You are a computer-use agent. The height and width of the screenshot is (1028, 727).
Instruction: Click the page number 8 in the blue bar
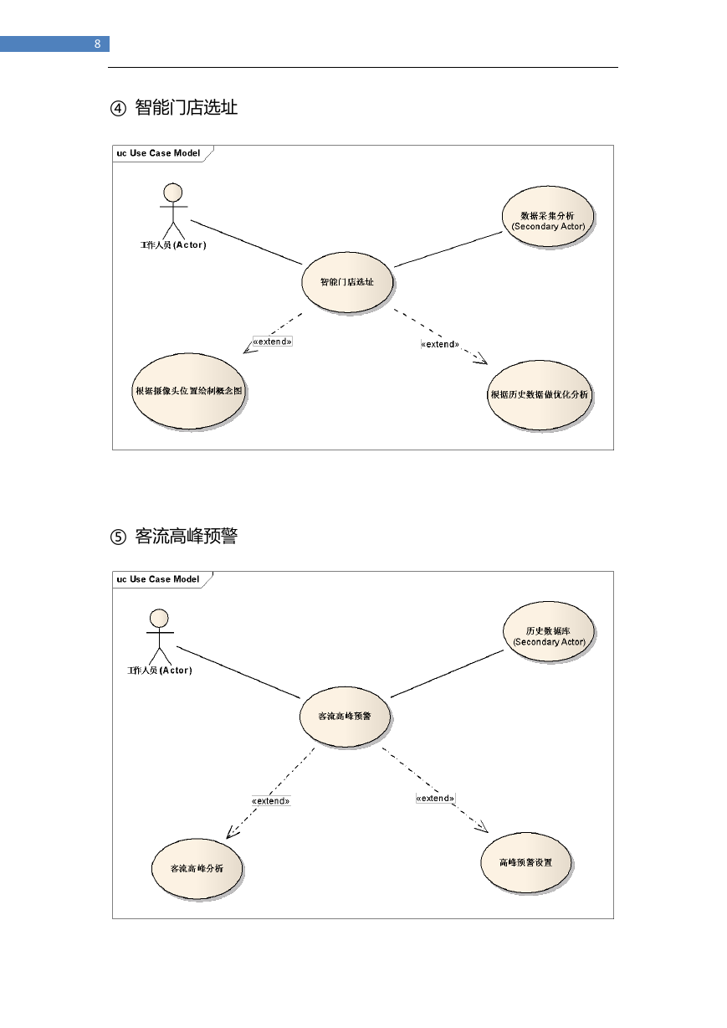pyautogui.click(x=97, y=44)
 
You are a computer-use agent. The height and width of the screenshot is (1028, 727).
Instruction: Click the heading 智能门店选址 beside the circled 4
pyautogui.click(x=187, y=107)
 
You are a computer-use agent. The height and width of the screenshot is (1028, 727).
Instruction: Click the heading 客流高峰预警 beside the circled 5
pyautogui.click(x=187, y=536)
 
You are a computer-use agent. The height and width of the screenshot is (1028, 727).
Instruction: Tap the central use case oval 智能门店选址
pyautogui.click(x=347, y=282)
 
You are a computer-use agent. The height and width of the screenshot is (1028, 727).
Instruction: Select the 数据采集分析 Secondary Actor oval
pyautogui.click(x=548, y=216)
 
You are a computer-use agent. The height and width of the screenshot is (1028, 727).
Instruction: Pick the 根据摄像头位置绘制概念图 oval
pyautogui.click(x=188, y=391)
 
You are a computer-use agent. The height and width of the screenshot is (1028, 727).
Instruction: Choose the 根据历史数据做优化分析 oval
pyautogui.click(x=540, y=394)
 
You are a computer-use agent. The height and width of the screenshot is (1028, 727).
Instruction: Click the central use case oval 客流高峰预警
pyautogui.click(x=345, y=717)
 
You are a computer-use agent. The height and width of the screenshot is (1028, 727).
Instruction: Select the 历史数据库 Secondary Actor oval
pyautogui.click(x=549, y=632)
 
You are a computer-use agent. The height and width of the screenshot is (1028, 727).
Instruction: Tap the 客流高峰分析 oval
pyautogui.click(x=197, y=868)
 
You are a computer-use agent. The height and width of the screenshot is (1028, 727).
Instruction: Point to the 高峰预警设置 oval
pyautogui.click(x=526, y=863)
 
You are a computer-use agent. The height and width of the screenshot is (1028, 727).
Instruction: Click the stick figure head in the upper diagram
pyautogui.click(x=173, y=193)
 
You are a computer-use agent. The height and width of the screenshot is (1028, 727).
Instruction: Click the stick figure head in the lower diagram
pyautogui.click(x=159, y=618)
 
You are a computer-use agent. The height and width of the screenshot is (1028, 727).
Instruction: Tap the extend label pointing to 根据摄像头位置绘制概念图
pyautogui.click(x=273, y=342)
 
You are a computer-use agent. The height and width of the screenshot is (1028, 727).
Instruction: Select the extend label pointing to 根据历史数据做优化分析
pyautogui.click(x=440, y=344)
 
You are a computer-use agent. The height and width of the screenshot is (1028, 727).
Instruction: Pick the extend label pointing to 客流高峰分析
pyautogui.click(x=271, y=801)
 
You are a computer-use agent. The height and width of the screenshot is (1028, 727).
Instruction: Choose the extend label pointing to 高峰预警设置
pyautogui.click(x=435, y=798)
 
